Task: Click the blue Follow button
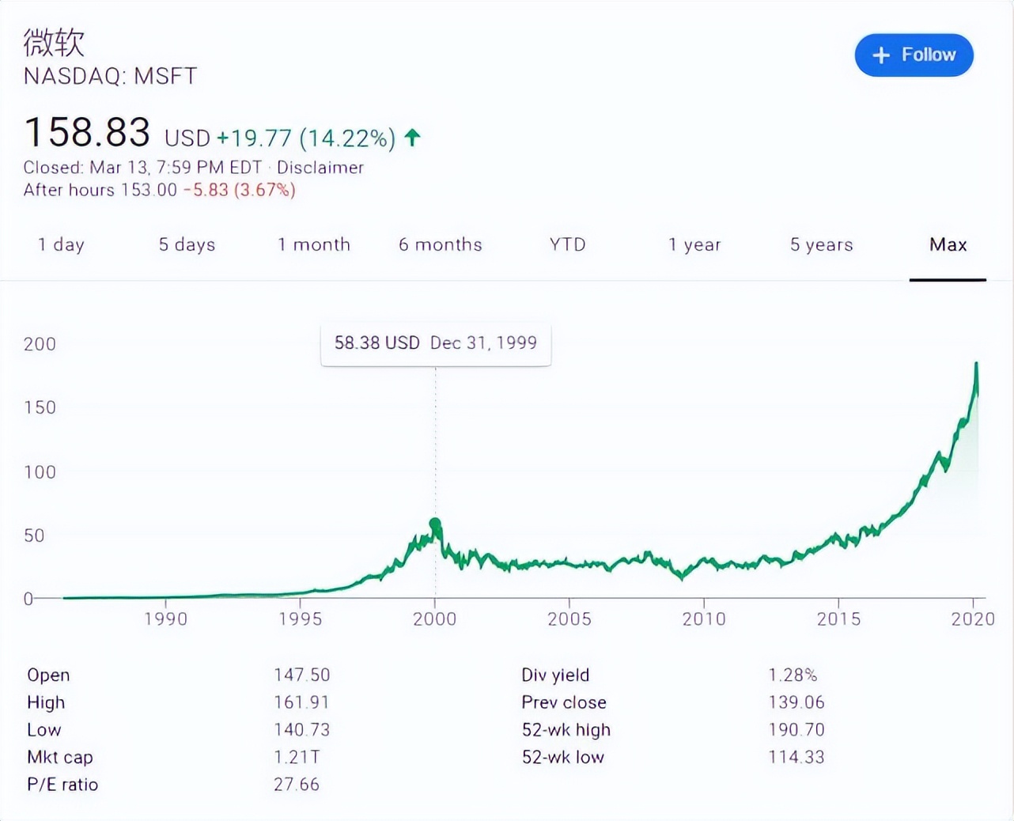coord(914,55)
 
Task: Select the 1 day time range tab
coord(61,244)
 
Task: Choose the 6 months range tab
coord(440,244)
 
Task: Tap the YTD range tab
coord(567,244)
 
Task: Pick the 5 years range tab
coord(821,244)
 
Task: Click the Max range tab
coord(948,244)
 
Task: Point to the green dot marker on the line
coord(435,524)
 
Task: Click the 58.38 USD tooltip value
coord(376,342)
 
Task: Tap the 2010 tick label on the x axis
coord(704,619)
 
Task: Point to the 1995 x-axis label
coord(300,619)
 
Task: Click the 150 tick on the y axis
coord(40,407)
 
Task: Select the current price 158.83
coord(87,132)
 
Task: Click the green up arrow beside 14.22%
coord(412,138)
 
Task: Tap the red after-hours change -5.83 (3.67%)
coord(239,190)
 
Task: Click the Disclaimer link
coord(320,168)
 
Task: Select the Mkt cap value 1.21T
coord(297,757)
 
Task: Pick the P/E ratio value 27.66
coord(297,785)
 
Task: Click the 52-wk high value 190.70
coord(796,729)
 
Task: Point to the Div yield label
coord(555,675)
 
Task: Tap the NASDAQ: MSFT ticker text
coord(110,76)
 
